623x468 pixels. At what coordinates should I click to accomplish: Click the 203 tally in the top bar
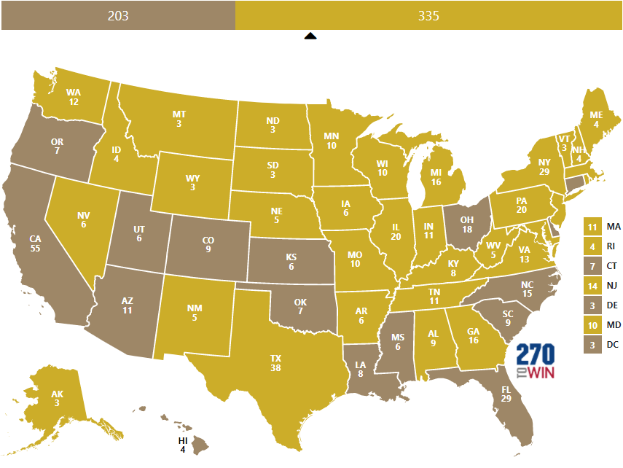pos(118,15)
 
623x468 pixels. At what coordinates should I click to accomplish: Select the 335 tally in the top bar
pos(428,15)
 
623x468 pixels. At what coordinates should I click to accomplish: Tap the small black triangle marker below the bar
pos(310,36)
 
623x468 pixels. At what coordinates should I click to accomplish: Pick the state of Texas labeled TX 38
pos(275,363)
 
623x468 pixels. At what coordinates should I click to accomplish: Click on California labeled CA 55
pos(35,243)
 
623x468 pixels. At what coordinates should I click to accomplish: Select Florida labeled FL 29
pos(506,394)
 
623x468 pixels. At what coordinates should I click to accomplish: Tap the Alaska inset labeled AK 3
pos(57,399)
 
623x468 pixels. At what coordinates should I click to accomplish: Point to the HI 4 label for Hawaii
pos(183,445)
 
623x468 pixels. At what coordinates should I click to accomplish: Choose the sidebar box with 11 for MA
pos(592,227)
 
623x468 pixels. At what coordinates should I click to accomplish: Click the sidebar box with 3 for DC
pos(592,343)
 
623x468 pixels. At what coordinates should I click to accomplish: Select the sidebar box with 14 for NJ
pos(592,285)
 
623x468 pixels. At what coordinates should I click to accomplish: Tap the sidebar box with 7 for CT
pos(592,265)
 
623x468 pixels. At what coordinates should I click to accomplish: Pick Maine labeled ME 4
pos(596,120)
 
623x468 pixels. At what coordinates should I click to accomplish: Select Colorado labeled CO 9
pos(208,244)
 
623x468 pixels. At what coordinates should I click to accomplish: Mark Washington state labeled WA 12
pos(73,97)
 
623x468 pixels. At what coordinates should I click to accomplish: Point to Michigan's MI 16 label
pos(436,177)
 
